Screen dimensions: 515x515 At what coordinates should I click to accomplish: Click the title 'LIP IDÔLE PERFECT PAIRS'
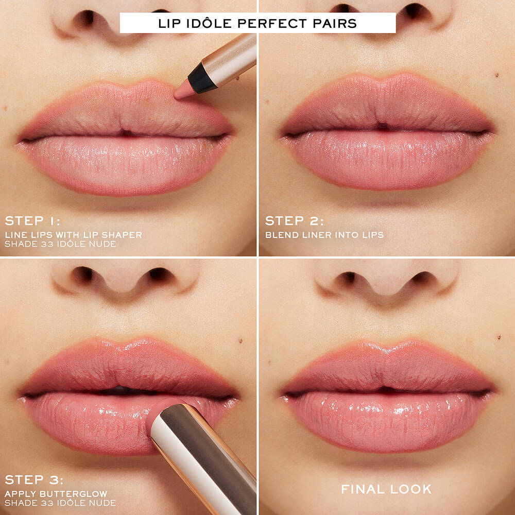257,23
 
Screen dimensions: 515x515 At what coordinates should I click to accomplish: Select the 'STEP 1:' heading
32,221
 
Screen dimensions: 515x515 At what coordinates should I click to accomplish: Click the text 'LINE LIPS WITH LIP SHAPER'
74,235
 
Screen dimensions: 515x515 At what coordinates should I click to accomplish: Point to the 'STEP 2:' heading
294,221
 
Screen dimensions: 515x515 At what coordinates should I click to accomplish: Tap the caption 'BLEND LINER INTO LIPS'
324,235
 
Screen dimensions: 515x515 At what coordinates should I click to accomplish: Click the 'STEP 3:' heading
34,480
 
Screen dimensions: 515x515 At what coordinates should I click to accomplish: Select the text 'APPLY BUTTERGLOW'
56,494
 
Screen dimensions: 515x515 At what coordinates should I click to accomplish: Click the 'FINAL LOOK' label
386,489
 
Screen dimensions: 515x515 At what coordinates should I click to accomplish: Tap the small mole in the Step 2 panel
496,75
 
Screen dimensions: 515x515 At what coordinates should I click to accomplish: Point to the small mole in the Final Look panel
499,337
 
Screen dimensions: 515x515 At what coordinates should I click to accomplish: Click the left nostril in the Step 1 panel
85,19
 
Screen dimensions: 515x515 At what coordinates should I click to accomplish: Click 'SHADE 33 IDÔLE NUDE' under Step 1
60,244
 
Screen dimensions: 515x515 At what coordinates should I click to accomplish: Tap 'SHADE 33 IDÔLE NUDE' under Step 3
60,503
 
